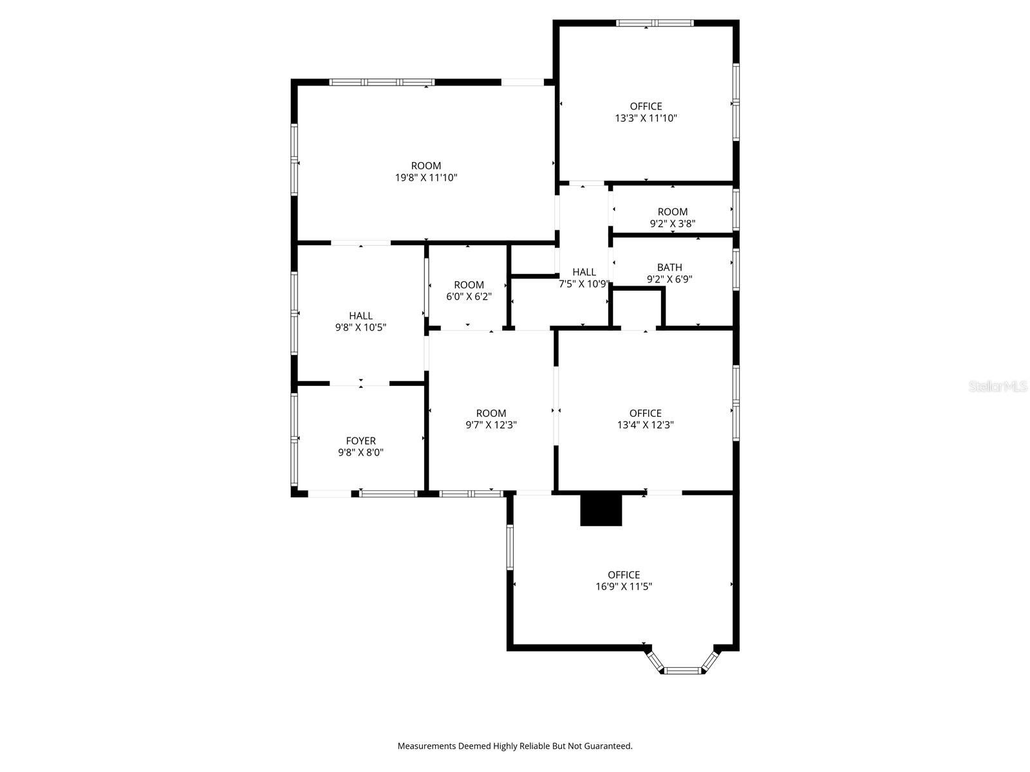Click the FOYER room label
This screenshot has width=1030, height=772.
[360, 441]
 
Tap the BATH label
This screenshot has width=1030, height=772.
[669, 267]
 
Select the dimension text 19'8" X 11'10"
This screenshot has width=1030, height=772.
[426, 178]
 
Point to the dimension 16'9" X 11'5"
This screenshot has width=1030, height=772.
[624, 587]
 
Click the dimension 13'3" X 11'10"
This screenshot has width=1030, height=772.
[646, 118]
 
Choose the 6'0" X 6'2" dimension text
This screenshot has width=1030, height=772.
[469, 297]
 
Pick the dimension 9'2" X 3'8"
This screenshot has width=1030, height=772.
[672, 224]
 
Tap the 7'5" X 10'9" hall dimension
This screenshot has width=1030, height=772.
[584, 284]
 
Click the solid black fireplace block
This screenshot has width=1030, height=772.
[601, 510]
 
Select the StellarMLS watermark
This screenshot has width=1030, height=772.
[998, 386]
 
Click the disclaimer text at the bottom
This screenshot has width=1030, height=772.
[515, 746]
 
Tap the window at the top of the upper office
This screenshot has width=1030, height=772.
[655, 23]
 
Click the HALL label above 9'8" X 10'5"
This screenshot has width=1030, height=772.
[360, 315]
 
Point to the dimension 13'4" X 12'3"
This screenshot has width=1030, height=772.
[645, 425]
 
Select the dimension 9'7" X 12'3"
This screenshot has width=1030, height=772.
[491, 425]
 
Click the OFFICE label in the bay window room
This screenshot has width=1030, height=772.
[624, 574]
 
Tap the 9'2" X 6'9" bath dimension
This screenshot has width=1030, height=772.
[669, 279]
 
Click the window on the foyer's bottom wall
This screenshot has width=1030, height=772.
[388, 493]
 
